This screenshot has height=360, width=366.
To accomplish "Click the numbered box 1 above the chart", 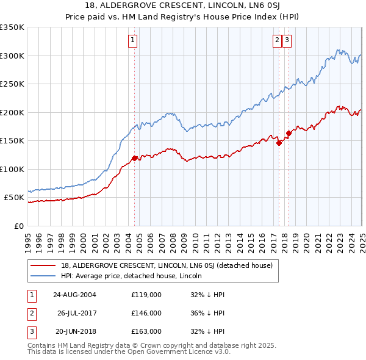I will [132, 41].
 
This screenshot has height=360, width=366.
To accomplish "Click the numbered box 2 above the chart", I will [277, 41].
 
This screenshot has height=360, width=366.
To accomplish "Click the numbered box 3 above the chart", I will [287, 41].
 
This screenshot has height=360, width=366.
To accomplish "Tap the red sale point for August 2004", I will [135, 158].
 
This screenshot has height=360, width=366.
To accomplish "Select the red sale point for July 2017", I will [279, 143].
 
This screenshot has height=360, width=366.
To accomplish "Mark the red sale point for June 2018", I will [289, 134].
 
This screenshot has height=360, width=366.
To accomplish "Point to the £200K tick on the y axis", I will [12, 112].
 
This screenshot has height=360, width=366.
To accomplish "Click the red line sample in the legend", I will [44, 265].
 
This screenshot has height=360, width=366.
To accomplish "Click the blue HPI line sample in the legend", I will [44, 276].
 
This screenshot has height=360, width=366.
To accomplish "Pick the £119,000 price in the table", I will [146, 294].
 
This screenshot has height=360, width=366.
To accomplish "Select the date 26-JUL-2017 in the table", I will [77, 312].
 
